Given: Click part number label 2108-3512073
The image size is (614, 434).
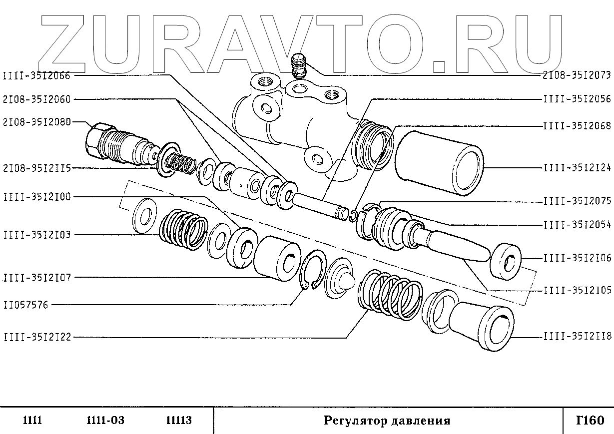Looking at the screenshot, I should pyautogui.click(x=577, y=76).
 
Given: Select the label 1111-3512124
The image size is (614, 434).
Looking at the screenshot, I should pyautogui.click(x=577, y=168).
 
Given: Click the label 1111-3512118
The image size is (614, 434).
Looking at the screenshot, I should pyautogui.click(x=577, y=337).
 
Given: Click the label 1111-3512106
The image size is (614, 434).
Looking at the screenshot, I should pyautogui.click(x=577, y=258).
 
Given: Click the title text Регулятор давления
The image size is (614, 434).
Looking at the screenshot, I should pyautogui.click(x=387, y=421).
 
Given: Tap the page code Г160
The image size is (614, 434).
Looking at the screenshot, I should pyautogui.click(x=590, y=420).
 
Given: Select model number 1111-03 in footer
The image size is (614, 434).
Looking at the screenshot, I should pyautogui.click(x=105, y=421).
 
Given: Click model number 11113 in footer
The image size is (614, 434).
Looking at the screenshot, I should pyautogui.click(x=178, y=421).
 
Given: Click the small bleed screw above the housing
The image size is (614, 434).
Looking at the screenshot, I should pyautogui.click(x=298, y=65).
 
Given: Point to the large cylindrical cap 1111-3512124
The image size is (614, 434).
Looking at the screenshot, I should pyautogui.click(x=440, y=162).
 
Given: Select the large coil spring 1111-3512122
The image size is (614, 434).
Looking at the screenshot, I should pyautogui.click(x=390, y=295).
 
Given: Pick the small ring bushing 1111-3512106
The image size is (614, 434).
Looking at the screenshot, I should pyautogui.click(x=506, y=260).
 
